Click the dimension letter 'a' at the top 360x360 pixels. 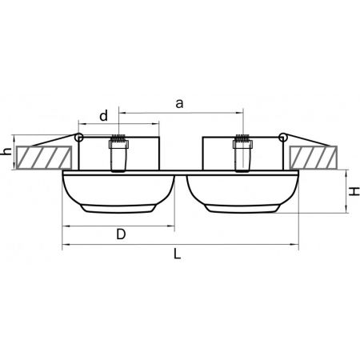pyautogui.click(x=179, y=104)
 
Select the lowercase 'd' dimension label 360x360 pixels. pyautogui.click(x=104, y=116)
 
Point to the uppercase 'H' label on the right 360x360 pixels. pyautogui.click(x=354, y=191)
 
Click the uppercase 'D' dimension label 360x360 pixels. pyautogui.click(x=121, y=234)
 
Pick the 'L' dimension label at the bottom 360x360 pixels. pyautogui.click(x=178, y=254)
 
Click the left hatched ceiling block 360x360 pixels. pyautogui.click(x=44, y=158)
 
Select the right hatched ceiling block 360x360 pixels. pyautogui.click(x=314, y=158)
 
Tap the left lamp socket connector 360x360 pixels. pyautogui.click(x=118, y=153)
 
